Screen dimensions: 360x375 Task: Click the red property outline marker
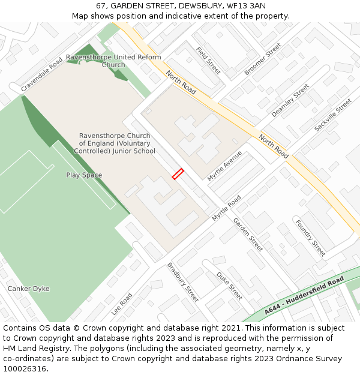178,174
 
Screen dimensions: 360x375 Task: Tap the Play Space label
84,175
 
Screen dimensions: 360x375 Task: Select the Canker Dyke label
28,289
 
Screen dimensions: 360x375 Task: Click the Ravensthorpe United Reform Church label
113,61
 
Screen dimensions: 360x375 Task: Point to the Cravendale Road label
41,75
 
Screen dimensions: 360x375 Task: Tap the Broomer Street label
263,59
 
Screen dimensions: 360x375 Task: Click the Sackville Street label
333,115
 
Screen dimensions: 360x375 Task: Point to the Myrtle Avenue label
224,166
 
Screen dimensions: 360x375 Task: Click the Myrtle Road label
226,208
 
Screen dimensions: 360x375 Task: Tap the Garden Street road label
248,235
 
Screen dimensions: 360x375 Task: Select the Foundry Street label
310,238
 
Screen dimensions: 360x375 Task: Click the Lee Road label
122,304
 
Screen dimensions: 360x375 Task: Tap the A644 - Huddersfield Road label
304,295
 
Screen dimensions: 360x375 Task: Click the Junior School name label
115,143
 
